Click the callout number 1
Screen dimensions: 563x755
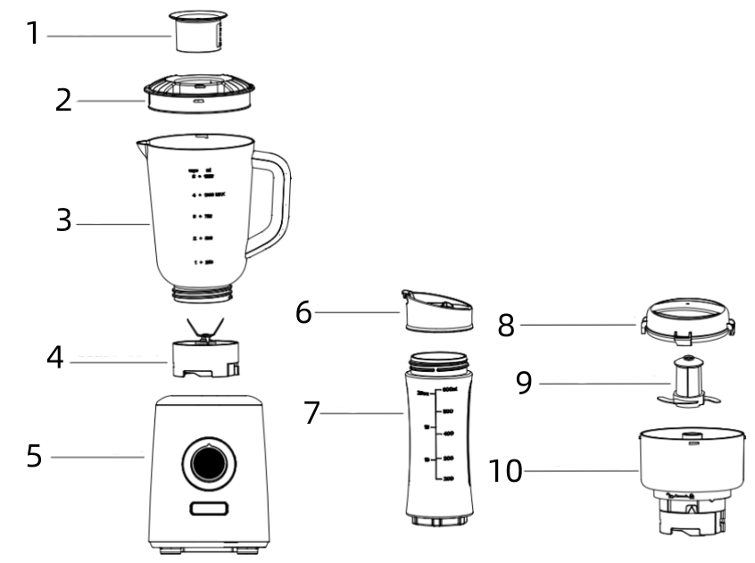[32, 35]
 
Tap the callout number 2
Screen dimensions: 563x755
[62, 99]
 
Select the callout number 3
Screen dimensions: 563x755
[62, 220]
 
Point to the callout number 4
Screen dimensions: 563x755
[56, 359]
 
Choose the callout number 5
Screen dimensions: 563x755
[34, 456]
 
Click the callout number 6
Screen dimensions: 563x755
[304, 313]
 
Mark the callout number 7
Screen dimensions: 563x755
[311, 412]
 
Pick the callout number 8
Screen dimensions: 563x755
[506, 326]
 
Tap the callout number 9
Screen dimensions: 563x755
[525, 384]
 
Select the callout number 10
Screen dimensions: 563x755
[504, 469]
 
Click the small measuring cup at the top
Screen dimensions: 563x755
[198, 33]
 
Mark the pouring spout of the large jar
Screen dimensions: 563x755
[142, 142]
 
